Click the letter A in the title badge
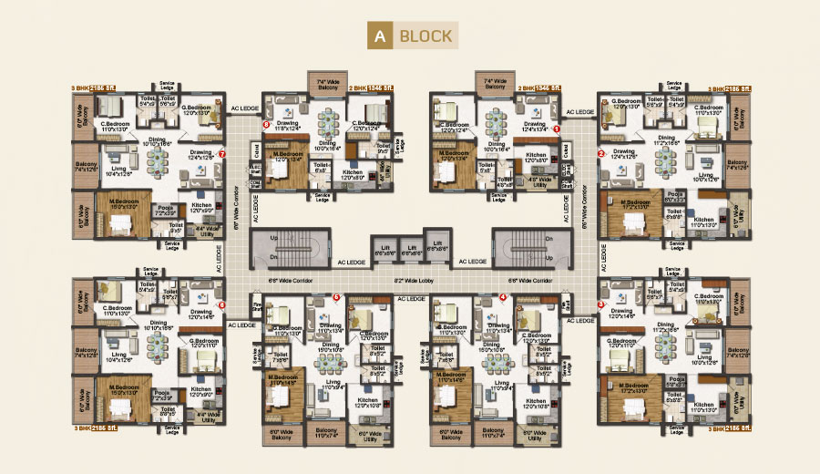tap(378, 36)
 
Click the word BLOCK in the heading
tap(425, 36)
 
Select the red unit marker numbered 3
tap(600, 304)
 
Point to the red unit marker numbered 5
tap(336, 296)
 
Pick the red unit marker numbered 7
tap(222, 154)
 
